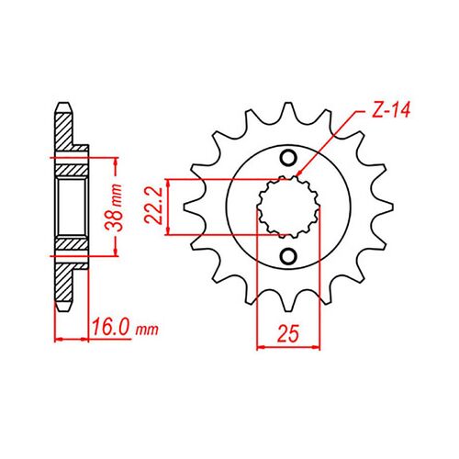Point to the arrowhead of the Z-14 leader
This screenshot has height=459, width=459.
tap(298, 174)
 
